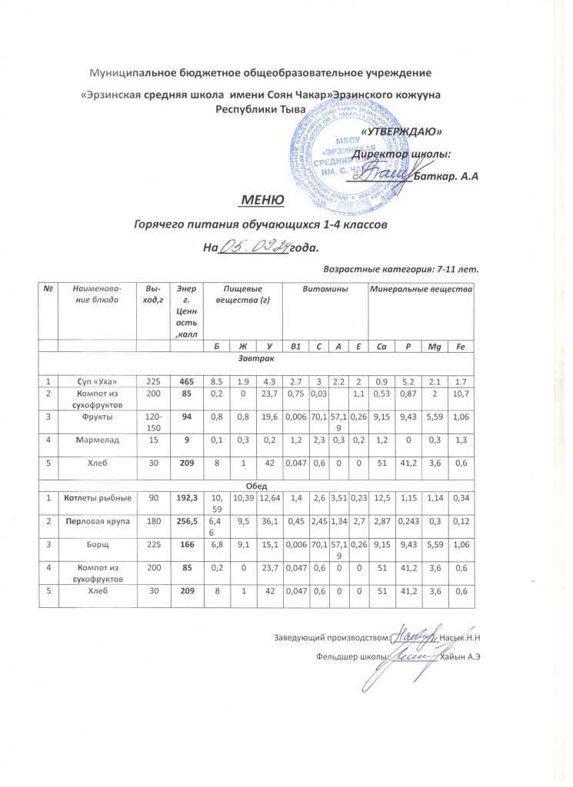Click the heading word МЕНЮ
coord(262,201)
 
